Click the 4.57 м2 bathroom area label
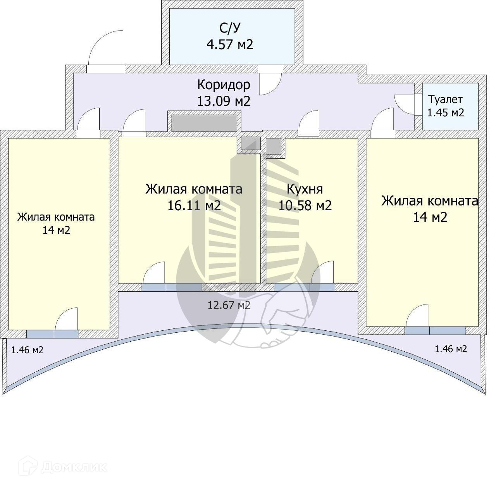pyautogui.click(x=230, y=45)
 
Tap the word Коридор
pyautogui.click(x=224, y=85)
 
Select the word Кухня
pyautogui.click(x=305, y=189)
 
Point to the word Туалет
pyautogui.click(x=445, y=100)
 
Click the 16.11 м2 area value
pyautogui.click(x=194, y=205)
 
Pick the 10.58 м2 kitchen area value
pyautogui.click(x=305, y=205)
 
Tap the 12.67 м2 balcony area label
pyautogui.click(x=229, y=305)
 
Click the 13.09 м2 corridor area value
pyautogui.click(x=224, y=101)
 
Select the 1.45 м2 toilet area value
pyautogui.click(x=445, y=113)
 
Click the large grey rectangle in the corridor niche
pyautogui.click(x=204, y=123)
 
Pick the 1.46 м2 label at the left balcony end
pyautogui.click(x=27, y=350)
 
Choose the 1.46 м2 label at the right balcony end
pyautogui.click(x=451, y=349)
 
